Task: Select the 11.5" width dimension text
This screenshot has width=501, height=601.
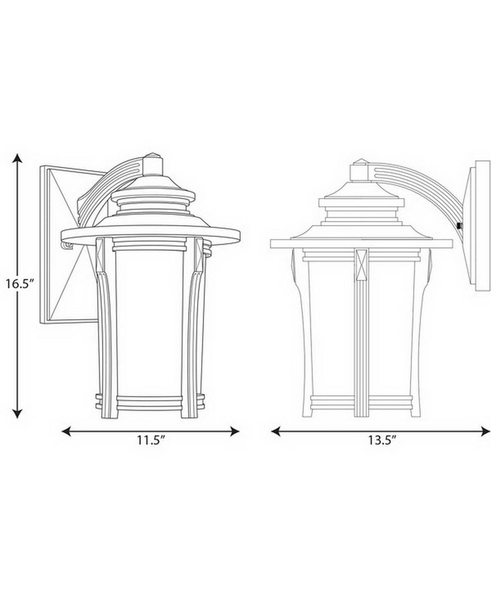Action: tap(151, 441)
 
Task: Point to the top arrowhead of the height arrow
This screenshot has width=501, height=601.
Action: tap(18, 159)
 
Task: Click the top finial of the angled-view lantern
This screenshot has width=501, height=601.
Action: tap(153, 163)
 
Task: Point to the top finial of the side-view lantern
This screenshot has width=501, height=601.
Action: tap(360, 170)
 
